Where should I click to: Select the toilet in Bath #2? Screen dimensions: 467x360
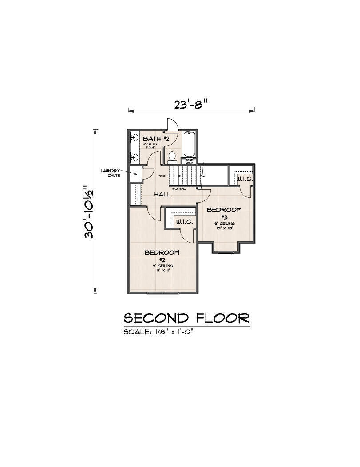point(172,157)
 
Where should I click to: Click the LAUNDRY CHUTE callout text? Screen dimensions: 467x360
point(110,173)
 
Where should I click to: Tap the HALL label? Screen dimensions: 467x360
point(163,194)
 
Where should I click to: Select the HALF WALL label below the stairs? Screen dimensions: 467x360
point(178,188)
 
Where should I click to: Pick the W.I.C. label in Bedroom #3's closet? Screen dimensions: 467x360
point(244,179)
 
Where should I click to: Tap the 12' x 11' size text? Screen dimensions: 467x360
point(162,270)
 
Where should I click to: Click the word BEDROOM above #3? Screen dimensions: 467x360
point(225,210)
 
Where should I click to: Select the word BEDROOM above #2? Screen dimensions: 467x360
point(162,252)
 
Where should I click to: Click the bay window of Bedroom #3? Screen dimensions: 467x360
point(227,252)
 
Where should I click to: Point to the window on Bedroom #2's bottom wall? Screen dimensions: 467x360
point(162,293)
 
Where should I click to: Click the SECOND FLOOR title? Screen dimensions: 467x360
point(186,318)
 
